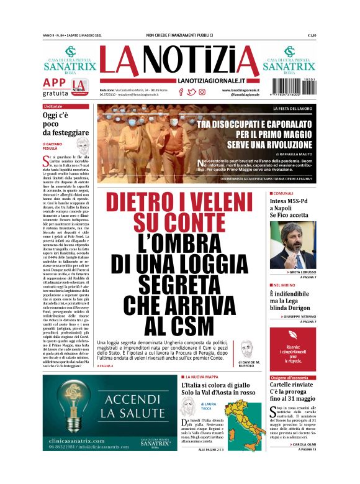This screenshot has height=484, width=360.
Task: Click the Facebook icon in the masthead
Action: pos(181,91)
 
